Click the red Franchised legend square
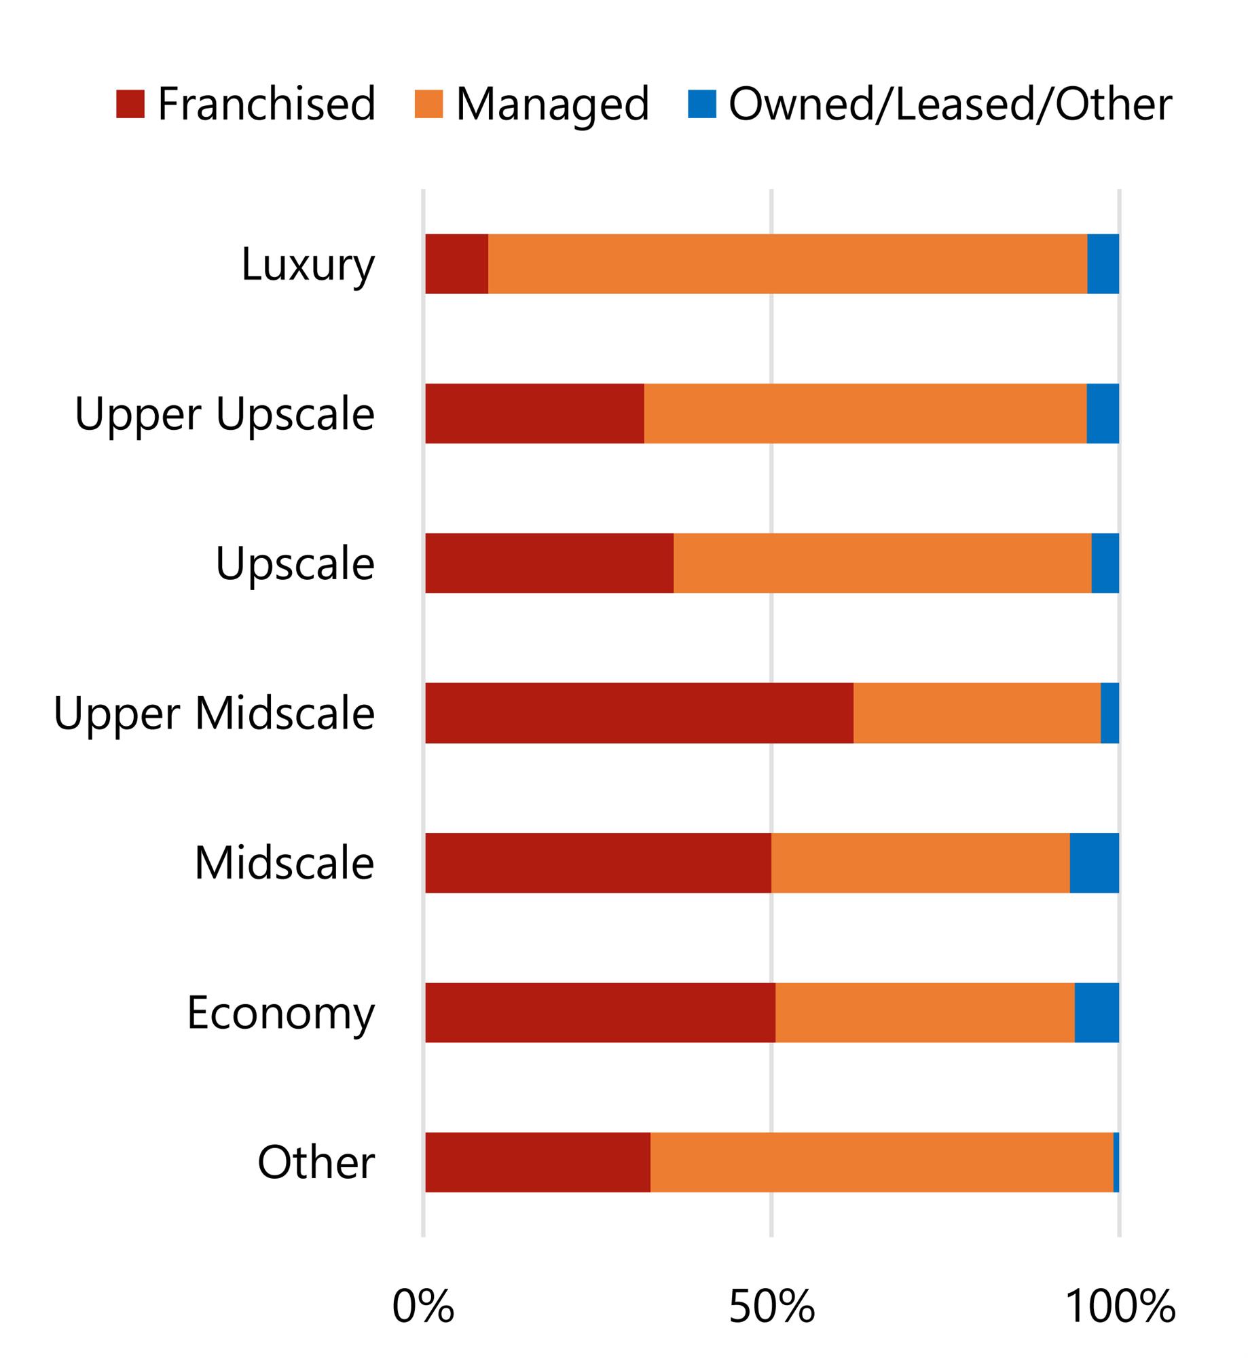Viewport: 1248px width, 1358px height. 130,104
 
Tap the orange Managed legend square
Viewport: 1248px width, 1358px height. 428,104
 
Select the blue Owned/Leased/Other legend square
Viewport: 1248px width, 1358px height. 701,104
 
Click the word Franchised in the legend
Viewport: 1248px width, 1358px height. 266,104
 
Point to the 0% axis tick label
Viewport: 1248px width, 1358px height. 422,1306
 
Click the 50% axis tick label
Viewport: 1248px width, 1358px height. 771,1306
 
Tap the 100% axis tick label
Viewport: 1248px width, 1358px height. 1120,1306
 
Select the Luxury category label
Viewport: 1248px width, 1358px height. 308,264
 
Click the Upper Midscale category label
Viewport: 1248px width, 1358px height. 214,713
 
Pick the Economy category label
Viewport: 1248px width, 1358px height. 280,1012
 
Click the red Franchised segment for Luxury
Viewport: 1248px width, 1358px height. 456,264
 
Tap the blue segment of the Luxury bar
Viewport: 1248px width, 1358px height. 1103,264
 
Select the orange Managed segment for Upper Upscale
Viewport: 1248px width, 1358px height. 865,414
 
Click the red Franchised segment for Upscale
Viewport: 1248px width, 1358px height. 549,563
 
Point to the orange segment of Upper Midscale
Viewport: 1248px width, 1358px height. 976,713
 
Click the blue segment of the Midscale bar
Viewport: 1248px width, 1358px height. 1094,862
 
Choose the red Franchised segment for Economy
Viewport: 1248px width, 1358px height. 600,1012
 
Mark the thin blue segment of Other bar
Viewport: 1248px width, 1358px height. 1116,1162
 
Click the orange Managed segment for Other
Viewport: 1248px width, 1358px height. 881,1162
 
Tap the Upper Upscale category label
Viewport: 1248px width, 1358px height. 224,414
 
